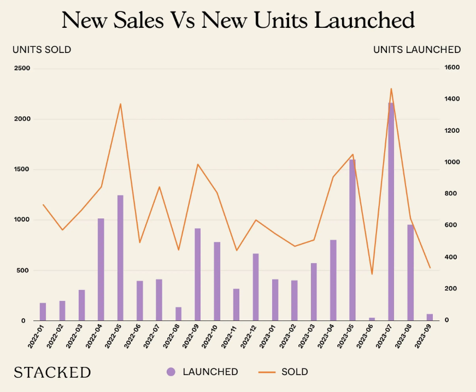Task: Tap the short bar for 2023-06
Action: click(372, 319)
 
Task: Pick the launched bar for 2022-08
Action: click(178, 314)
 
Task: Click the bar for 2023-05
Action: click(352, 240)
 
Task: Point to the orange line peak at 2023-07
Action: click(391, 88)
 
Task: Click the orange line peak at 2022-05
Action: click(120, 104)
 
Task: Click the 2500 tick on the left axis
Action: click(22, 68)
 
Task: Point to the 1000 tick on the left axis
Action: click(22, 219)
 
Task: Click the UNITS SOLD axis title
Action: click(42, 50)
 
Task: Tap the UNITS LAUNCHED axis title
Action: click(417, 50)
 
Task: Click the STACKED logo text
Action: click(52, 372)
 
